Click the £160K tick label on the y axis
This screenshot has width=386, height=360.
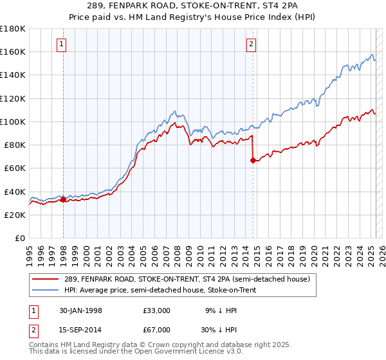13,51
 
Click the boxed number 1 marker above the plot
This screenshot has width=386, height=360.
61,44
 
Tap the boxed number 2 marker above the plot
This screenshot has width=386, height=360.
251,44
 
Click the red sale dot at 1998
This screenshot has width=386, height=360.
64,200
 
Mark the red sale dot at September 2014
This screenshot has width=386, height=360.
253,161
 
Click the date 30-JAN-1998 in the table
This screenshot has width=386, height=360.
78,310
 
